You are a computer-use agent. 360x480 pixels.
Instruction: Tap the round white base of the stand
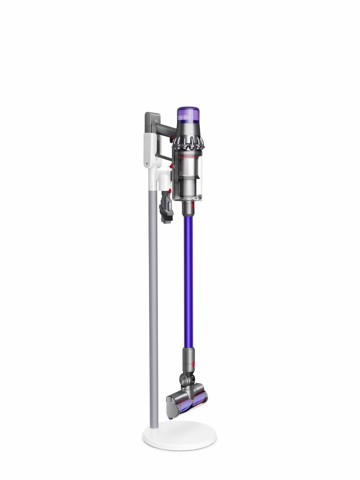coord(181,437)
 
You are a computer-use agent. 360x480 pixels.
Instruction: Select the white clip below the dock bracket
coord(161,177)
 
